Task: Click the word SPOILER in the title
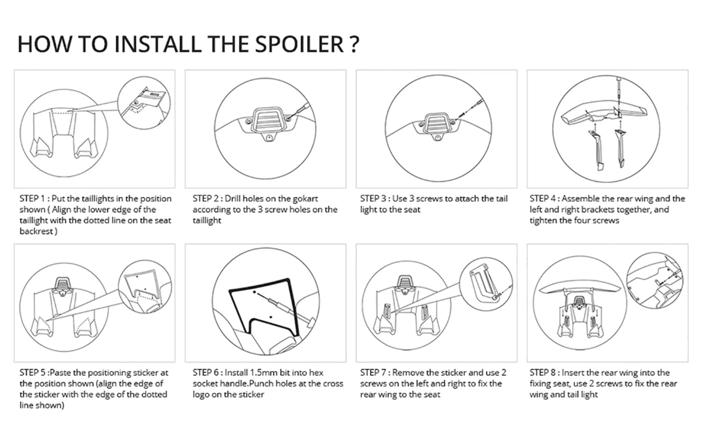point(300,44)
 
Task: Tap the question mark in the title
point(354,44)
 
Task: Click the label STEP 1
point(32,198)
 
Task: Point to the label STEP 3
point(373,198)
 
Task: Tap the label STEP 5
point(32,372)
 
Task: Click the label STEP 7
point(373,372)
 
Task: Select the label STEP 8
point(542,372)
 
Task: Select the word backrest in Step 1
point(36,231)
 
